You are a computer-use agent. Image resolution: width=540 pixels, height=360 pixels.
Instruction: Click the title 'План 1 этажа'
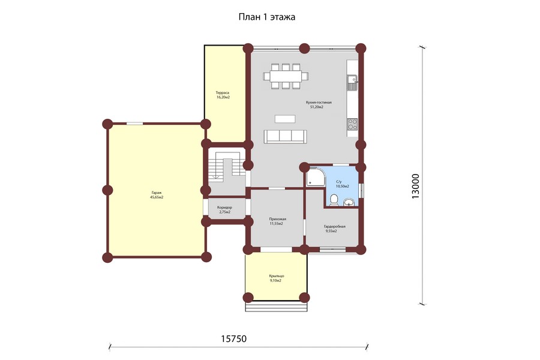click(x=267, y=17)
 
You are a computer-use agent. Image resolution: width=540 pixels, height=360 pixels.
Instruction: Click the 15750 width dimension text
click(x=233, y=339)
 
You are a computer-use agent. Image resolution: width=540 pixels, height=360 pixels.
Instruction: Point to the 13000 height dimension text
click(x=416, y=186)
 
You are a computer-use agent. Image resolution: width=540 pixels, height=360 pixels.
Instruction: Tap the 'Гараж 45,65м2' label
click(x=157, y=195)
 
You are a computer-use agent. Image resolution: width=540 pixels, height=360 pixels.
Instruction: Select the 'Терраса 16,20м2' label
click(x=223, y=95)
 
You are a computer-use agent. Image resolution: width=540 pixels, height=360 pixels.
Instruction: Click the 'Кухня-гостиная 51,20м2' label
click(x=319, y=105)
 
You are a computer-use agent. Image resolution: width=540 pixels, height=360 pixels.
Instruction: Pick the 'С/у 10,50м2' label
click(x=343, y=184)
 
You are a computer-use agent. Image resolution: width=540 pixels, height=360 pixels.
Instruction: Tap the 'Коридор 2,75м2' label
click(x=224, y=210)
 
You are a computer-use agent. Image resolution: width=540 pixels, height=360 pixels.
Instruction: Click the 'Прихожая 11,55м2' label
click(x=278, y=221)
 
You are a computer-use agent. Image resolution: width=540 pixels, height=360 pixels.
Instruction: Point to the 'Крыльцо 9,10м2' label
click(x=276, y=278)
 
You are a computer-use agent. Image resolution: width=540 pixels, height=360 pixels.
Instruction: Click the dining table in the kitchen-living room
click(x=286, y=76)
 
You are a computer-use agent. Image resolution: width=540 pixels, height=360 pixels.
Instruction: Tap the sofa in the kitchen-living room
click(x=285, y=136)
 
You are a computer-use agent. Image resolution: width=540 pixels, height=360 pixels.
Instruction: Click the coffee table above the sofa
click(x=285, y=119)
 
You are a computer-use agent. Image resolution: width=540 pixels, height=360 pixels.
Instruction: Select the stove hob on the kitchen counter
click(x=352, y=124)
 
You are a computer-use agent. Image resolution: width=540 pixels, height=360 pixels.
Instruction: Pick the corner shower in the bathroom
click(x=316, y=176)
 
